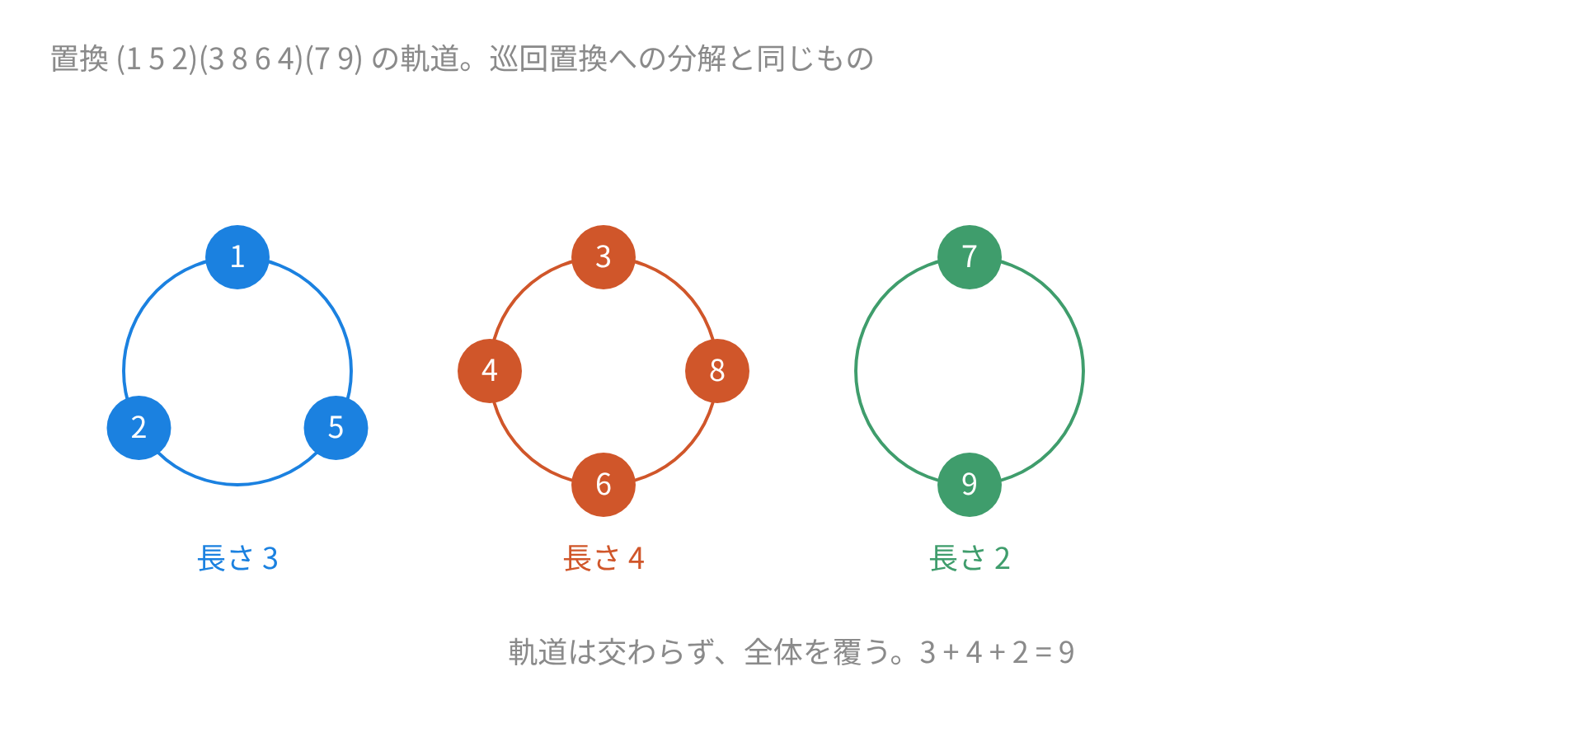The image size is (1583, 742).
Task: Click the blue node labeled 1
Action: click(x=237, y=257)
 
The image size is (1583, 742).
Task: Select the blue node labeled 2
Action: click(x=139, y=428)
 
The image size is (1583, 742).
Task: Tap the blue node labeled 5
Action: click(x=336, y=428)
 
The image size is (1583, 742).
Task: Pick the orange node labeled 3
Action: click(x=604, y=257)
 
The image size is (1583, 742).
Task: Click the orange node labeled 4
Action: click(x=490, y=371)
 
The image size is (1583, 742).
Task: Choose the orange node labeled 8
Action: click(x=717, y=371)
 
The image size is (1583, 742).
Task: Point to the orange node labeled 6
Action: click(x=604, y=485)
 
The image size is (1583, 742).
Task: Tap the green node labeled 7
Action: click(x=970, y=257)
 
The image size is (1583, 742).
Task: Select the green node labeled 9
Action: click(x=970, y=485)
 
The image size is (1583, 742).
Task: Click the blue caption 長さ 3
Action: click(x=237, y=559)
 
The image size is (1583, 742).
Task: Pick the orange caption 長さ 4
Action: click(x=604, y=559)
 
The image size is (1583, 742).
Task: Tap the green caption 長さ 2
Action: click(x=970, y=559)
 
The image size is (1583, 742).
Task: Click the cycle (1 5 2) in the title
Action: click(x=157, y=59)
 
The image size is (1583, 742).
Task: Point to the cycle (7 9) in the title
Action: click(x=334, y=59)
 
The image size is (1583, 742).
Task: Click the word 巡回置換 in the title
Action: click(x=548, y=59)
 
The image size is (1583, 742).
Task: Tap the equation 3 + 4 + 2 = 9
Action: click(x=997, y=653)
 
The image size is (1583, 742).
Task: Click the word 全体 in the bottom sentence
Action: click(x=773, y=653)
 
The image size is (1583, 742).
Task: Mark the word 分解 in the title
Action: click(x=697, y=59)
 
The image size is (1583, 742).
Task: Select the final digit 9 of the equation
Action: click(x=1066, y=653)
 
